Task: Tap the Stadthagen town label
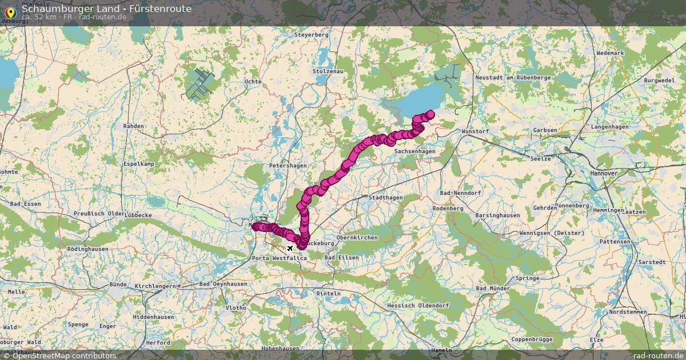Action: (385, 197)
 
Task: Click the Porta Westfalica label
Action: (279, 258)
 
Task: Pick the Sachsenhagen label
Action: (414, 151)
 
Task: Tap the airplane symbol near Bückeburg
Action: (290, 248)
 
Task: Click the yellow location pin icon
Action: (10, 12)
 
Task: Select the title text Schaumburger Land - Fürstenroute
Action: (106, 9)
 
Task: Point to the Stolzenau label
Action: (328, 71)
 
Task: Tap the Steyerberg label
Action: (312, 35)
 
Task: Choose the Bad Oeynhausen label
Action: (223, 284)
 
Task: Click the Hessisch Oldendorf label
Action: (418, 306)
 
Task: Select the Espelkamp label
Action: (139, 164)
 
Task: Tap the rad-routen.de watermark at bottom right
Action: (658, 355)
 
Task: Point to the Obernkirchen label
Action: (357, 237)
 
